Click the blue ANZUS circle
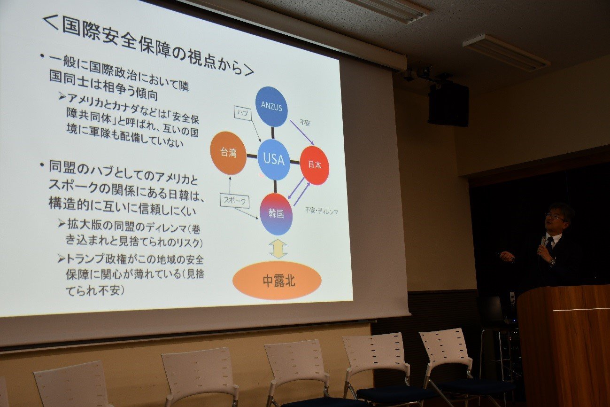click(x=271, y=106)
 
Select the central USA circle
click(x=274, y=159)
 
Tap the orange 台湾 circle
click(x=229, y=153)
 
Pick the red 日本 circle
click(x=315, y=165)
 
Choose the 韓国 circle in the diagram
click(x=277, y=214)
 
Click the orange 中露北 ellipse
click(x=277, y=281)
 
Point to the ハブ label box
click(x=243, y=113)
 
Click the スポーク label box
click(x=234, y=201)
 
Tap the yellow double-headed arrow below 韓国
click(x=278, y=249)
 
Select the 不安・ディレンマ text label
click(x=321, y=211)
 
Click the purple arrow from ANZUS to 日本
click(x=302, y=132)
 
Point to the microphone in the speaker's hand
click(x=543, y=241)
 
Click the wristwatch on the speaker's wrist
click(x=552, y=262)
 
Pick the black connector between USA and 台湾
click(x=252, y=156)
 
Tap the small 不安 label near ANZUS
click(x=305, y=123)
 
